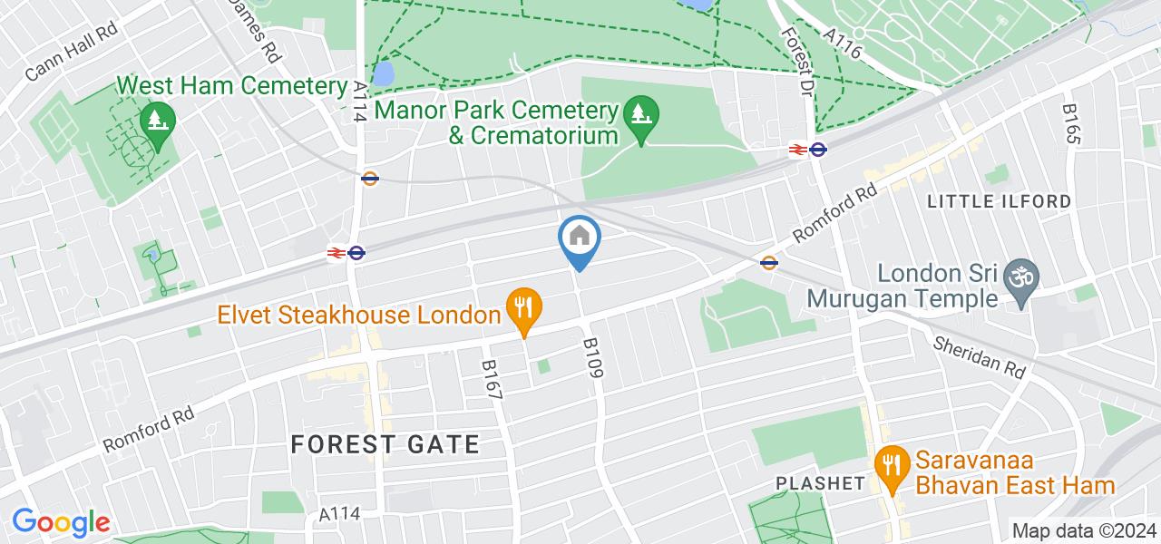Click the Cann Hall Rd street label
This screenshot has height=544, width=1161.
(73, 52)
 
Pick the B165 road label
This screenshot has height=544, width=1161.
(1073, 122)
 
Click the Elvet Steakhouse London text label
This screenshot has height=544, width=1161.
(359, 315)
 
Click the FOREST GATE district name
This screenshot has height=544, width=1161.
(385, 444)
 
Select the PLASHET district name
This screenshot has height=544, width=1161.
(820, 483)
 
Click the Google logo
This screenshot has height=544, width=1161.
(61, 523)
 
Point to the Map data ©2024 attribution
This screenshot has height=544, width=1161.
(1084, 531)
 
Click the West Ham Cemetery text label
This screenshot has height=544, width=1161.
(233, 87)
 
